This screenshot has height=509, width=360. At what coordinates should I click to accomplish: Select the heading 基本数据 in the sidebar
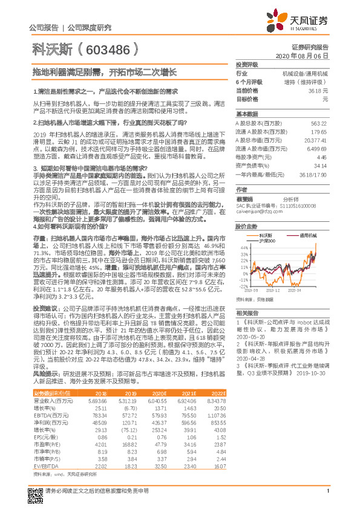tap(247, 114)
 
